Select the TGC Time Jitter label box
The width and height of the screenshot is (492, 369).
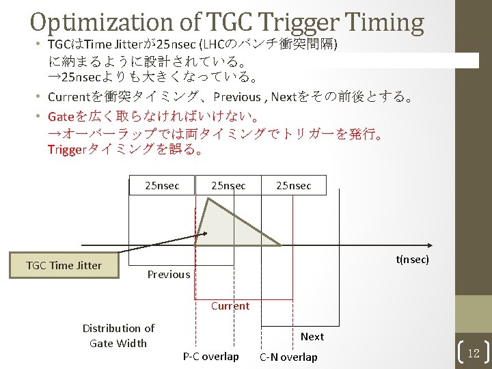64,265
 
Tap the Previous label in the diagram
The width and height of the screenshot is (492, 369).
169,275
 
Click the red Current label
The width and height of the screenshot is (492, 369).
230,305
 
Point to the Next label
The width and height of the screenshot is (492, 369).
312,336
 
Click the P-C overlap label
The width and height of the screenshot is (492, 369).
210,356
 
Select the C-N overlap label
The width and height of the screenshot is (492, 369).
288,357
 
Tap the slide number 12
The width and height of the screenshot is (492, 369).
474,353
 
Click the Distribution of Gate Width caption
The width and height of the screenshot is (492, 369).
118,336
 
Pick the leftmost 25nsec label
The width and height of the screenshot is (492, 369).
162,185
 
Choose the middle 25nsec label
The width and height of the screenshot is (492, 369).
228,185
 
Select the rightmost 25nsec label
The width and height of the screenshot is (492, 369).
293,185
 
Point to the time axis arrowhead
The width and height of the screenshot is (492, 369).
429,245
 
